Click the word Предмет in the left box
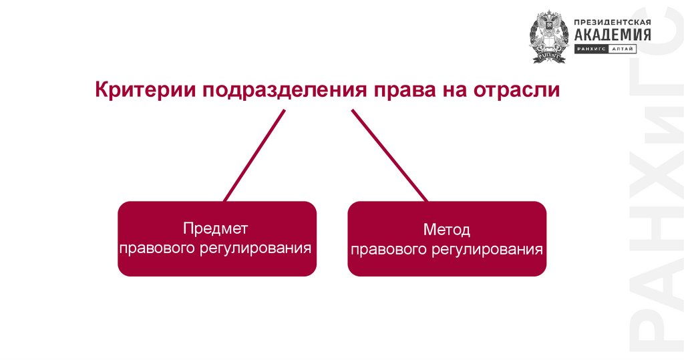click(216, 228)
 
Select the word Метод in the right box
click(446, 230)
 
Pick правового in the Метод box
click(386, 250)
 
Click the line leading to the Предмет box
click(254, 156)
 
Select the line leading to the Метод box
click(389, 156)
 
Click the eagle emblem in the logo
click(548, 37)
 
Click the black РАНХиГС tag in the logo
click(590, 49)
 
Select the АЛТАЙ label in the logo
click(623, 49)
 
